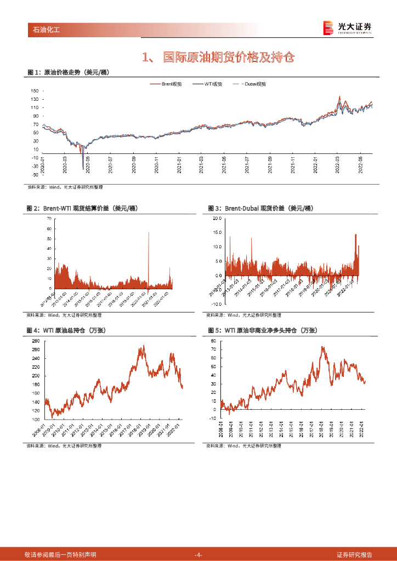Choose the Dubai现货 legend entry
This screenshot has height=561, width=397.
point(250,84)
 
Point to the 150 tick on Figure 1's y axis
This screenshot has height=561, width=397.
point(35,91)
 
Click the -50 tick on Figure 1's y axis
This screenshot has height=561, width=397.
point(34,175)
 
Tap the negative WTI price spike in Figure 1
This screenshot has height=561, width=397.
point(83,168)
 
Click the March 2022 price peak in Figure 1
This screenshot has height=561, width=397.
point(339,97)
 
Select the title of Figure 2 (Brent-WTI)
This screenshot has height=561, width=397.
point(82,209)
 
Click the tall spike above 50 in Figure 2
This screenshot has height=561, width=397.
point(149,233)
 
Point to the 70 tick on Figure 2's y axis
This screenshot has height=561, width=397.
point(49,219)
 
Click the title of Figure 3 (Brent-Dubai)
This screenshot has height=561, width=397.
point(260,209)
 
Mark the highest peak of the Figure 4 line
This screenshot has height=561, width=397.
point(144,346)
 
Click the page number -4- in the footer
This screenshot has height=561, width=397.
point(198,554)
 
